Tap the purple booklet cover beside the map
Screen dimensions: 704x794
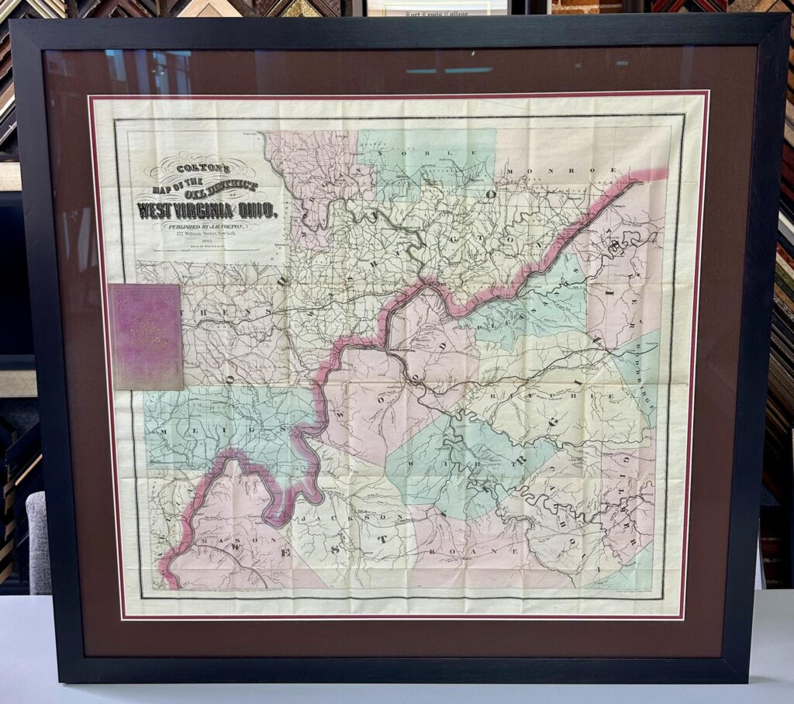coord(146,336)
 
